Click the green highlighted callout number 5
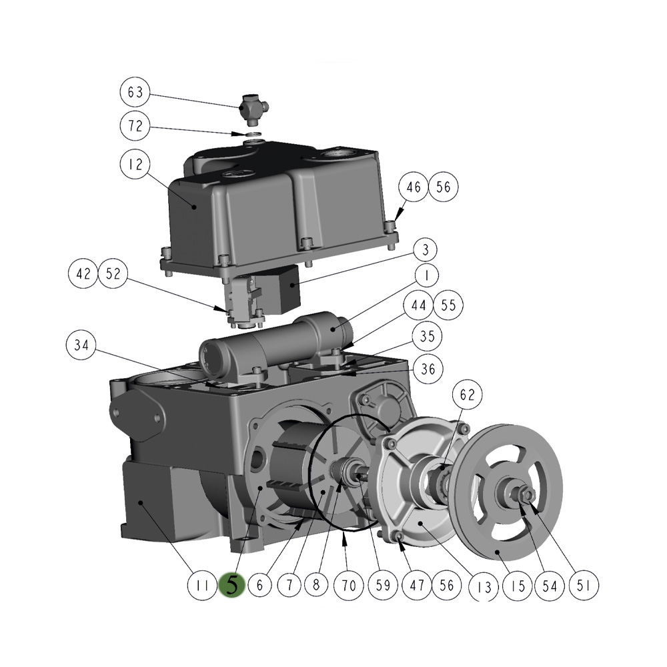[x=232, y=586]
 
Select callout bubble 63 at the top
[x=135, y=92]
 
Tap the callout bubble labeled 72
[x=135, y=127]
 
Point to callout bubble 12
[x=135, y=165]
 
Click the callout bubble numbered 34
[x=81, y=346]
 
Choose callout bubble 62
[x=467, y=395]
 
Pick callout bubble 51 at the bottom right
[x=584, y=586]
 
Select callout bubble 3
[x=424, y=251]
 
